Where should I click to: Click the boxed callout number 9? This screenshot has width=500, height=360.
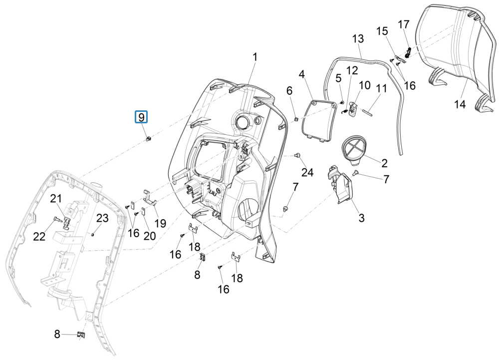click(141, 117)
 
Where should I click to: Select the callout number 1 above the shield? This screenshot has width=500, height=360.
click(254, 57)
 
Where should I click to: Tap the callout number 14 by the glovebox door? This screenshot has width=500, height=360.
click(460, 104)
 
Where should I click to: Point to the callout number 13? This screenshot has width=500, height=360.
click(358, 38)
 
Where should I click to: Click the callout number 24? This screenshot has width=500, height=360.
click(307, 173)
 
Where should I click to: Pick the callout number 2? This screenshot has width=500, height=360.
click(384, 163)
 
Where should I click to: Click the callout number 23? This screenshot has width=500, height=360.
click(102, 218)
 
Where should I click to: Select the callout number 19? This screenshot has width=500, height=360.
click(160, 223)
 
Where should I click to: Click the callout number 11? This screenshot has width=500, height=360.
click(381, 88)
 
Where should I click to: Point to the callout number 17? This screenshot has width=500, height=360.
click(403, 24)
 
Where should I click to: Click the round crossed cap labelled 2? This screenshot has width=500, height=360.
click(354, 149)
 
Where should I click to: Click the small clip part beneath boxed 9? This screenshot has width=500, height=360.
click(148, 139)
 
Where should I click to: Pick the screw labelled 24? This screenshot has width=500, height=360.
click(298, 156)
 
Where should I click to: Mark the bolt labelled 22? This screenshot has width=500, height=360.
click(55, 218)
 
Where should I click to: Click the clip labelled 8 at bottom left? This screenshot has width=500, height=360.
click(80, 335)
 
